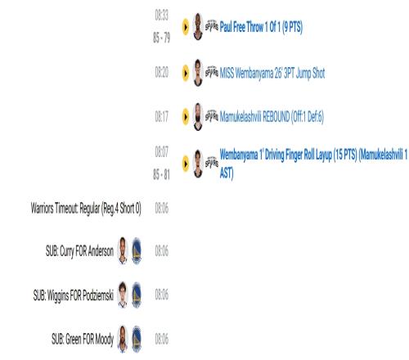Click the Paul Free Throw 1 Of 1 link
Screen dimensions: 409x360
point(261,27)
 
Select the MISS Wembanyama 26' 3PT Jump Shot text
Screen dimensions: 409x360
point(272,73)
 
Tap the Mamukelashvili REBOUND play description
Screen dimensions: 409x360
point(272,117)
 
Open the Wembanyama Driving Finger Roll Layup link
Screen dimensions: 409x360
point(313,164)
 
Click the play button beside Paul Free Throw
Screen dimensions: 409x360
point(186,27)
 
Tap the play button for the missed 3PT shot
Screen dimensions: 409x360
point(186,73)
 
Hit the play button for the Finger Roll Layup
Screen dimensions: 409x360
point(186,164)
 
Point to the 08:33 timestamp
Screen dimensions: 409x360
point(162,15)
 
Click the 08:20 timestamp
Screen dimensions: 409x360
point(162,73)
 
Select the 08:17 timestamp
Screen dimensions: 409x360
point(162,116)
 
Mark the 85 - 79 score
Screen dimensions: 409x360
point(161,38)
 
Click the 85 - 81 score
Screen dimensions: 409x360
point(161,174)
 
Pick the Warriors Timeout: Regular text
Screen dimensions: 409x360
point(86,209)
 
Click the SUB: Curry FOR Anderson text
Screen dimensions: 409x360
point(79,251)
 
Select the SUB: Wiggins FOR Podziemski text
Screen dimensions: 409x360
point(74,295)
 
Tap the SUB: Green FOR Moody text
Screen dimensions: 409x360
point(83,340)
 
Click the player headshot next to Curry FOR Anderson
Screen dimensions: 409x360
point(123,250)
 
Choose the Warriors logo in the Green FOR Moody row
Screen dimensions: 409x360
point(137,340)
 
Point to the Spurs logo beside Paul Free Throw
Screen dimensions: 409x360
point(212,26)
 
